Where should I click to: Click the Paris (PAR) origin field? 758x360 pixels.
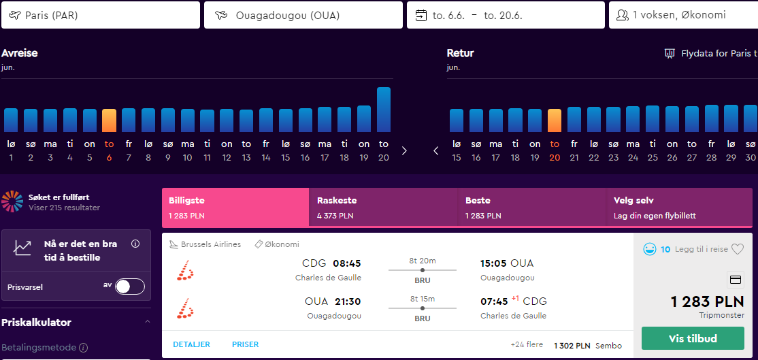click(x=101, y=15)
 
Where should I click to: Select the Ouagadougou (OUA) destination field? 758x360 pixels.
click(x=303, y=15)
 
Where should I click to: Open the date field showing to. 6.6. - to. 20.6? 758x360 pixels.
click(x=506, y=15)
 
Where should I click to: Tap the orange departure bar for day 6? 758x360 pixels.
click(x=110, y=121)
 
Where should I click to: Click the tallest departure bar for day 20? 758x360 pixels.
click(x=383, y=110)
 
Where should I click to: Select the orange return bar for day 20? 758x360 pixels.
click(x=555, y=121)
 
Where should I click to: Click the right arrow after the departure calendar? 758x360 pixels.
click(x=405, y=151)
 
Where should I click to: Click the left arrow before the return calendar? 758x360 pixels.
click(x=436, y=151)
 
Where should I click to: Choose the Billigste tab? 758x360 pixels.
click(x=235, y=208)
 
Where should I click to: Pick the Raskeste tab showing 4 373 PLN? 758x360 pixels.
click(x=383, y=208)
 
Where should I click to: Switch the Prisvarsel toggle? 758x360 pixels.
click(x=130, y=287)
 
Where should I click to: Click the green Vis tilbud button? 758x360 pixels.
click(x=693, y=338)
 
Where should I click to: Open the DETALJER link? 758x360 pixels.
click(x=191, y=344)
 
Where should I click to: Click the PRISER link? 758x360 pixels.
click(x=245, y=344)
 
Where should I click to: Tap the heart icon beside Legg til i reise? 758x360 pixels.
click(x=737, y=249)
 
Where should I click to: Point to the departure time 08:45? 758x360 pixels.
click(x=346, y=263)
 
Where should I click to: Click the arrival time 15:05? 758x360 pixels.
click(x=493, y=263)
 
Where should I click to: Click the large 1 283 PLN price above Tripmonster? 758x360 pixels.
click(x=707, y=302)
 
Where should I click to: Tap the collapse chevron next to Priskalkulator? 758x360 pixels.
click(x=148, y=322)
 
